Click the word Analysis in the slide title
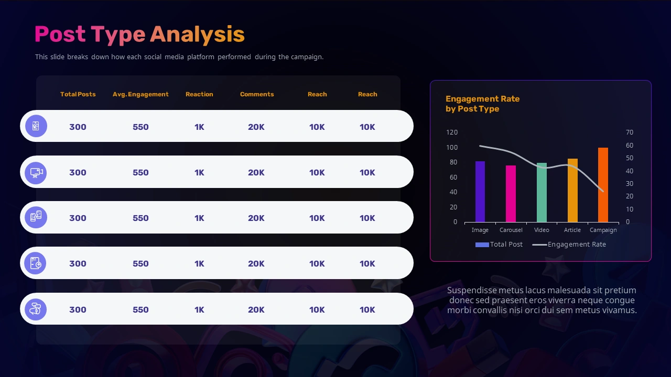(x=197, y=35)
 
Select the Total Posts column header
(x=78, y=94)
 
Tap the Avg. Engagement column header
(x=140, y=94)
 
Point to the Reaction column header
(x=199, y=94)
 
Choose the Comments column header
(x=257, y=94)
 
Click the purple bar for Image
(x=480, y=192)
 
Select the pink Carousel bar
(x=511, y=194)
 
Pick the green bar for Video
(x=542, y=192)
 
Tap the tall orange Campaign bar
(x=603, y=185)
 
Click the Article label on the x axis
(x=572, y=230)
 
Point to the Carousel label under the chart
(x=511, y=230)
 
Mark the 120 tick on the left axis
(x=452, y=132)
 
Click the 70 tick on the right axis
(x=630, y=132)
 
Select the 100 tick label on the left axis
(x=452, y=148)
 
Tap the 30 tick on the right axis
(x=630, y=184)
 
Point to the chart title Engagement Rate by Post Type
(x=482, y=104)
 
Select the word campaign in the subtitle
(x=307, y=57)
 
